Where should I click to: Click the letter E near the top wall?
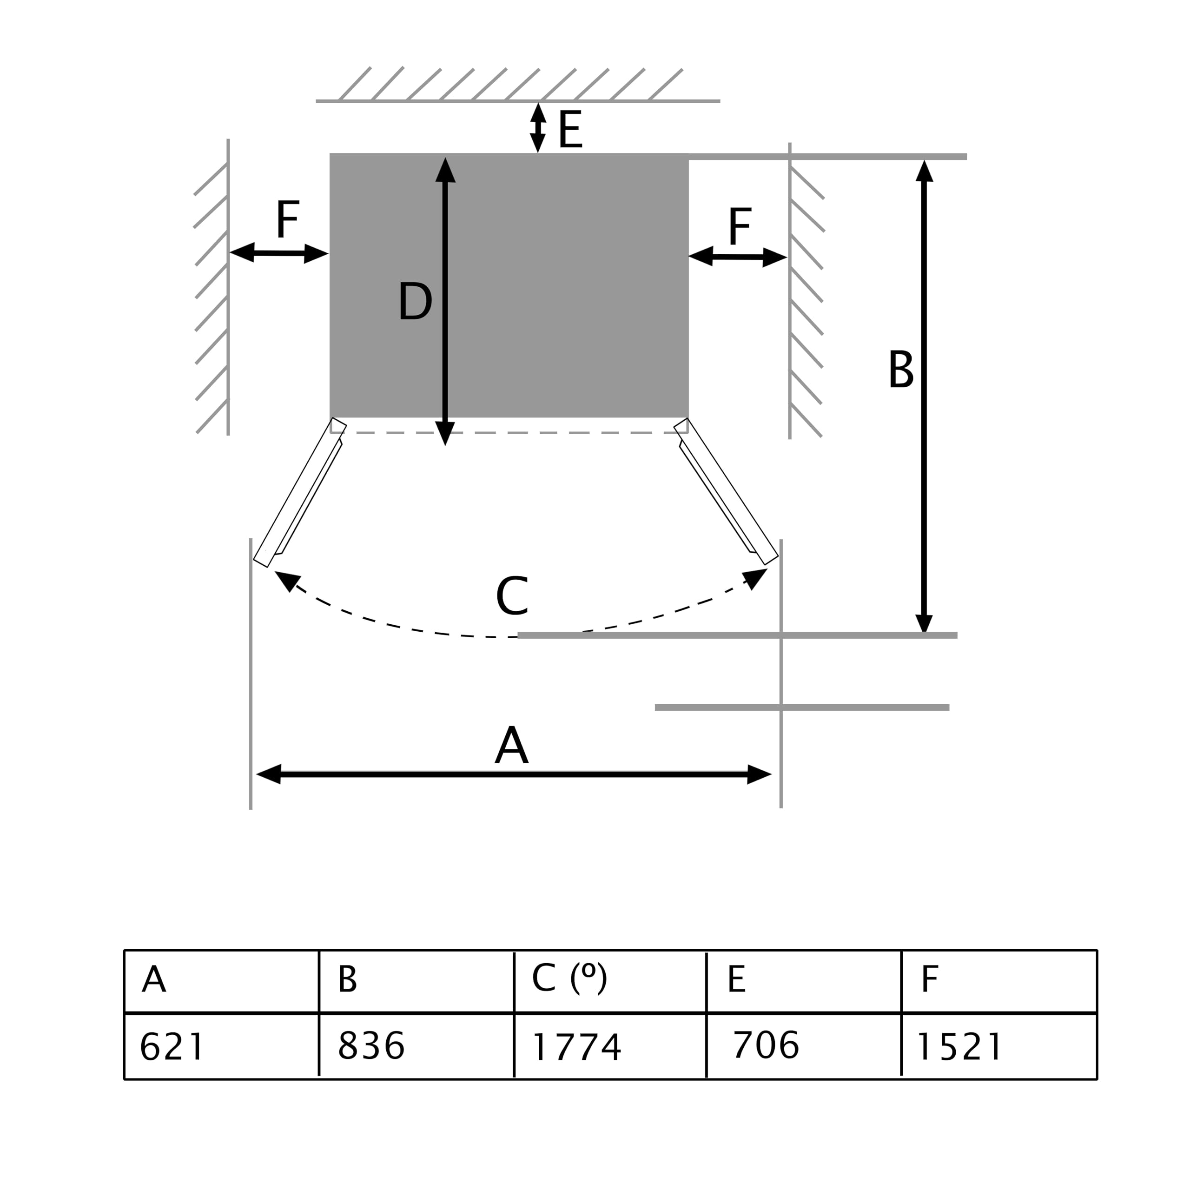pyautogui.click(x=570, y=129)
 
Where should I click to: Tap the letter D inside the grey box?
pyautogui.click(x=415, y=301)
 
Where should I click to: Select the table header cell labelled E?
pyautogui.click(x=737, y=979)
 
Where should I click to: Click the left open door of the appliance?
pyautogui.click(x=299, y=493)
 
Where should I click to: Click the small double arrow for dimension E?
pyautogui.click(x=538, y=127)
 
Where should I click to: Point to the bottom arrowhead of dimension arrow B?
pyautogui.click(x=924, y=623)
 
